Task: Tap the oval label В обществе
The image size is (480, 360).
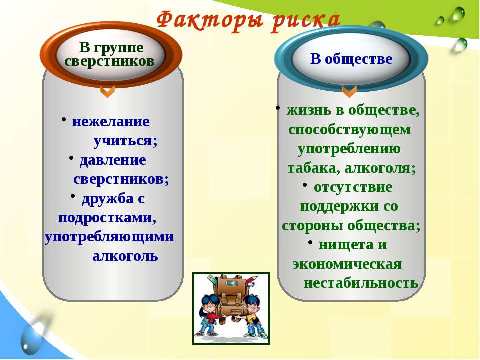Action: [351, 58]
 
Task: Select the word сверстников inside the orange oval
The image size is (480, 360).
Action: [109, 61]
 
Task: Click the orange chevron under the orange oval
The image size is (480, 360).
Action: [107, 91]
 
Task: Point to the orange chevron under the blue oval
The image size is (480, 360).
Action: [349, 91]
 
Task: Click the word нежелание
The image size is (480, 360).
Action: [111, 121]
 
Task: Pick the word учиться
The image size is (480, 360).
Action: [125, 141]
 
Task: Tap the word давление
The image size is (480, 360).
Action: [113, 160]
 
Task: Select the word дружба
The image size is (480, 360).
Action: [108, 199]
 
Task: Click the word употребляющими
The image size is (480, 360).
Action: [109, 237]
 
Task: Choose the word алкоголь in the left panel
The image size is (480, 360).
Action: [125, 256]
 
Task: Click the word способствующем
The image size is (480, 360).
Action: [349, 130]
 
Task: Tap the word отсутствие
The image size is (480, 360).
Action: [353, 187]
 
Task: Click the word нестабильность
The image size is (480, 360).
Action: [361, 283]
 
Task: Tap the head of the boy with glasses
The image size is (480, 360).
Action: [251, 303]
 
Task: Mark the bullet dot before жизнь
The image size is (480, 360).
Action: [278, 108]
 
